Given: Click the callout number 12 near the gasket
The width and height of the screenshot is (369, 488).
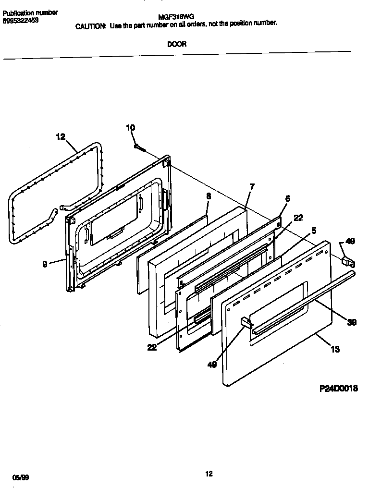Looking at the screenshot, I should tap(60, 137).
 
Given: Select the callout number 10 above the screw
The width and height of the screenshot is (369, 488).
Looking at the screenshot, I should tap(130, 128).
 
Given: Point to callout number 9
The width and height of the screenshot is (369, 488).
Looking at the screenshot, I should tap(45, 264).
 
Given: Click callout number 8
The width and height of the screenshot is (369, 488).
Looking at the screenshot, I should tap(208, 196).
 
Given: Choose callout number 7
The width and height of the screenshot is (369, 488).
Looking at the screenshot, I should tap(252, 187).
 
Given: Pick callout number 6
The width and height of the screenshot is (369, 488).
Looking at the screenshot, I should tap(288, 198).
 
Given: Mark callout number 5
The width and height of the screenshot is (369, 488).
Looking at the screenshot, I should tap(314, 231).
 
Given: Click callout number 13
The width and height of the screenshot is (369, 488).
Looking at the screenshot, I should tap(335, 349).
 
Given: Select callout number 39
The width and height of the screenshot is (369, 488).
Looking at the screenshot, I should tap(352, 323).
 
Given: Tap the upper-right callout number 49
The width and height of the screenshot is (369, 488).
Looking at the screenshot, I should tap(350, 241).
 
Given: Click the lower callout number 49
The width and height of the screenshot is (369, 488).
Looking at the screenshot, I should tap(212, 365).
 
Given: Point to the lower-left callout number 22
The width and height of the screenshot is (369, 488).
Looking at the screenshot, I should tap(152, 348).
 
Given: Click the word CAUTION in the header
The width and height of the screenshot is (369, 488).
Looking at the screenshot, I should tap(90, 26).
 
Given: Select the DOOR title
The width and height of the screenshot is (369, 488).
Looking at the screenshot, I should tap(177, 44).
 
